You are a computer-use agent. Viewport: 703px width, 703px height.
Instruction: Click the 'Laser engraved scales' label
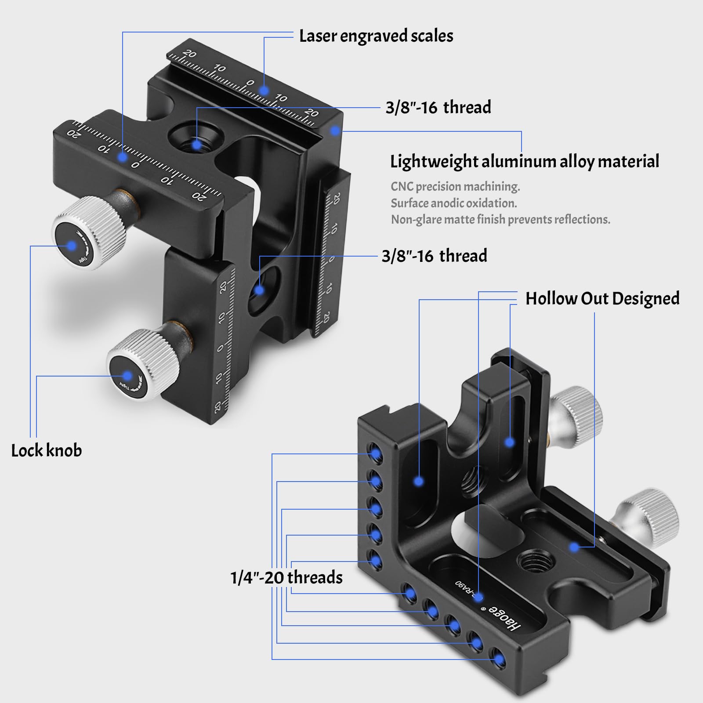(376, 36)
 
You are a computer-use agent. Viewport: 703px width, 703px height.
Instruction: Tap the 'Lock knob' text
(47, 451)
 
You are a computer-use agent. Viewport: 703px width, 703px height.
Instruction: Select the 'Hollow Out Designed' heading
(602, 299)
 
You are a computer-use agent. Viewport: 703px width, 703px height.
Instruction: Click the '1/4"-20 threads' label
(286, 577)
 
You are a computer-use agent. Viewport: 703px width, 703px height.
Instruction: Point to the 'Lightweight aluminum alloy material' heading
(525, 162)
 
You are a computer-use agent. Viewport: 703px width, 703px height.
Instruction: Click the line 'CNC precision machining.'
(455, 187)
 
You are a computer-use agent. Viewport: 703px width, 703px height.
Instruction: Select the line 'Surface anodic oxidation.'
(453, 203)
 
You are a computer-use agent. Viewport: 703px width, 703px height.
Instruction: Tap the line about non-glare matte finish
(500, 219)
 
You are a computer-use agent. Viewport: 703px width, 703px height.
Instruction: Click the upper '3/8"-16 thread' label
(438, 108)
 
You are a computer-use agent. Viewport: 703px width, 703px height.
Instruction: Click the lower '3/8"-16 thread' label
(434, 256)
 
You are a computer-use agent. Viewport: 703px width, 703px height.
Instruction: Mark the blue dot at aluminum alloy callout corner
(335, 130)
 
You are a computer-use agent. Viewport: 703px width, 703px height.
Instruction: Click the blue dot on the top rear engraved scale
(264, 91)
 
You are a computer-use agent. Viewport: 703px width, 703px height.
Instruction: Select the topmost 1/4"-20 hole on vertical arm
(375, 453)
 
